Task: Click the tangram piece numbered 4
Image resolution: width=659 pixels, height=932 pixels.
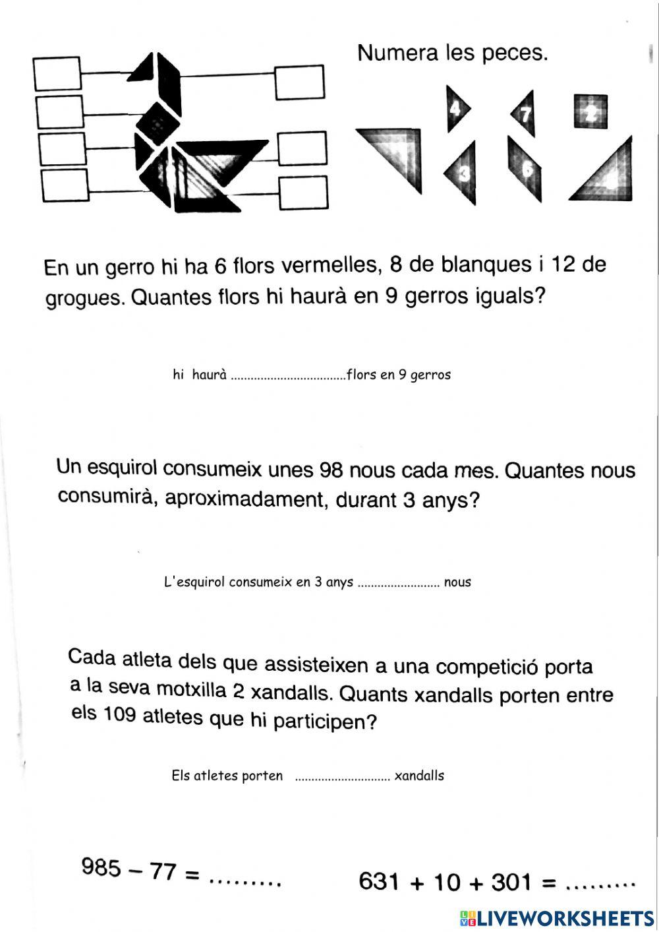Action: point(457,108)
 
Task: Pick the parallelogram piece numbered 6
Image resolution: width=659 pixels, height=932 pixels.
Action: point(525,168)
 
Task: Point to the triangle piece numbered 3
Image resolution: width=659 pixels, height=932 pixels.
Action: point(463,173)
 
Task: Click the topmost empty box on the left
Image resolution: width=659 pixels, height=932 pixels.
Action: point(57,73)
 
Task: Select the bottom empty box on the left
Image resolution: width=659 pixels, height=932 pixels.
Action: point(65,185)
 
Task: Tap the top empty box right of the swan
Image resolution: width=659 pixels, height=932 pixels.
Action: point(300,82)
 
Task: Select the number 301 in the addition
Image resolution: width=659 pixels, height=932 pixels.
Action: point(511,882)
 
